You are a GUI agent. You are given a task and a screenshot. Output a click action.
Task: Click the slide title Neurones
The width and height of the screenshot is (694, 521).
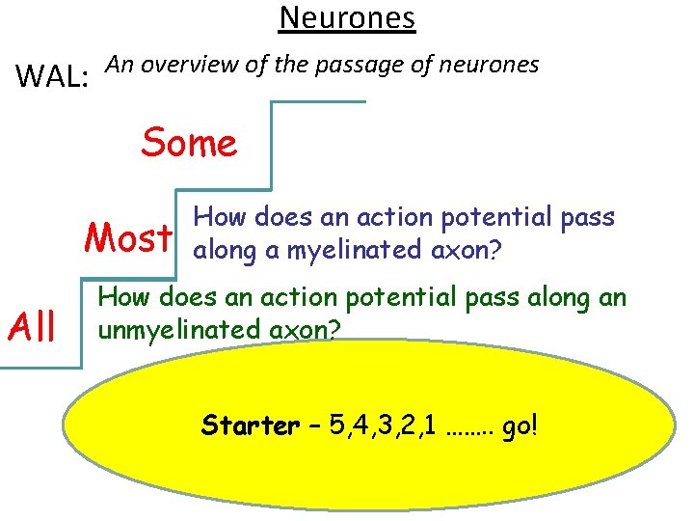[347, 17]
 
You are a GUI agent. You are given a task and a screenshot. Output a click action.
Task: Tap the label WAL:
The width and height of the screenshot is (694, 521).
[54, 74]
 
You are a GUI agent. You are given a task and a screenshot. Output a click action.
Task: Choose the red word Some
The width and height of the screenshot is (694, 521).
[189, 143]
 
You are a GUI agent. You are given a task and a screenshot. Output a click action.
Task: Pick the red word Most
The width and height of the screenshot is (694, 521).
[129, 235]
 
